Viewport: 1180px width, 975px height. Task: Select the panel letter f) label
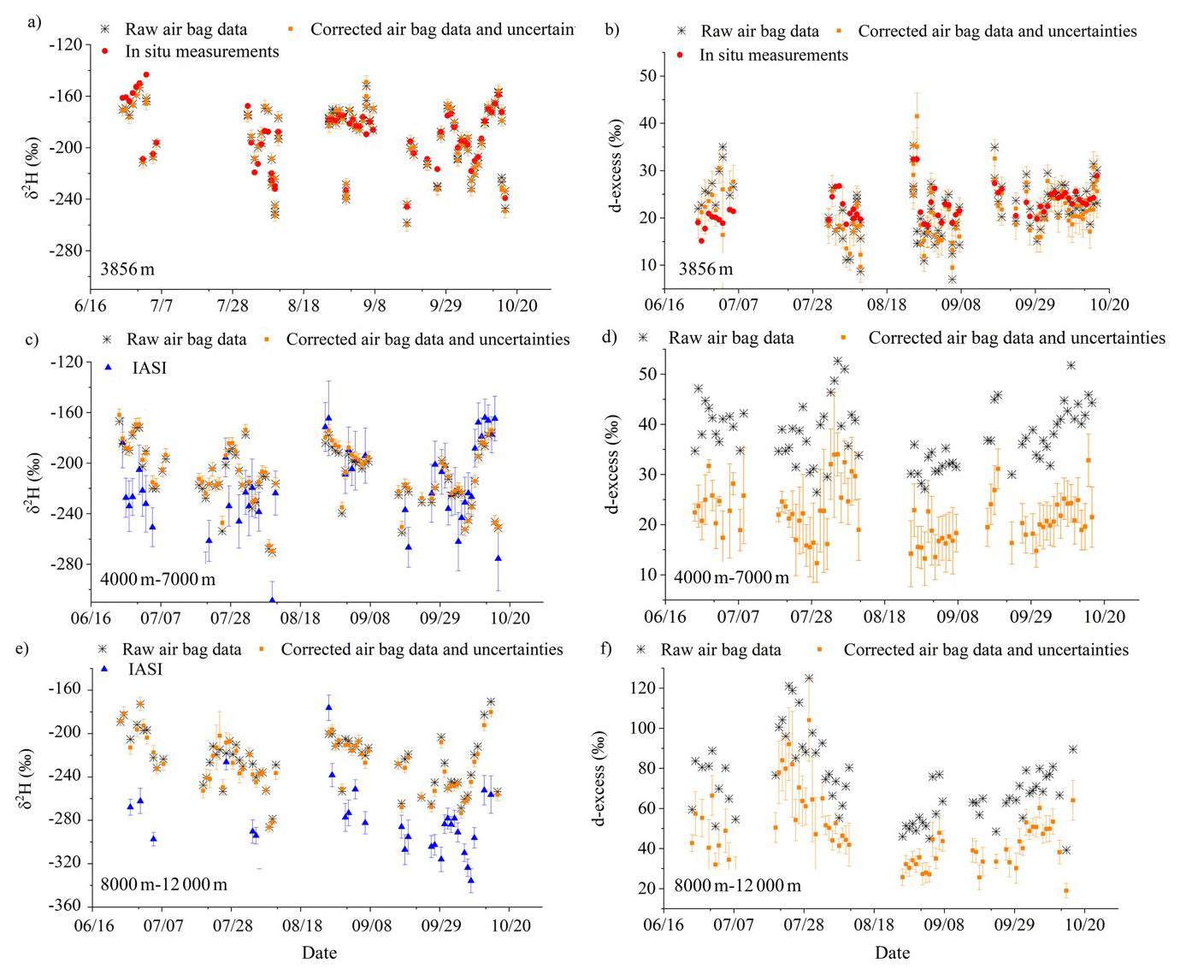(606, 648)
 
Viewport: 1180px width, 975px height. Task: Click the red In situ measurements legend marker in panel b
(681, 55)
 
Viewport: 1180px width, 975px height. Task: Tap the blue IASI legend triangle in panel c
(108, 367)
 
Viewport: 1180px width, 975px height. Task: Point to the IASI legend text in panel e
(145, 669)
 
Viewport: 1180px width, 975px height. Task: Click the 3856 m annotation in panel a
(127, 269)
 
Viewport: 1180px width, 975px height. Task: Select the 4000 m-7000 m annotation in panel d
(731, 577)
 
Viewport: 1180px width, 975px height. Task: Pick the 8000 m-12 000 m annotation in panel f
(737, 885)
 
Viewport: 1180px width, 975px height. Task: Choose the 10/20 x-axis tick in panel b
(1109, 304)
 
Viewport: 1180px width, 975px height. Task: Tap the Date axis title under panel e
(319, 953)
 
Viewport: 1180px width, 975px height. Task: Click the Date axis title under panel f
(892, 953)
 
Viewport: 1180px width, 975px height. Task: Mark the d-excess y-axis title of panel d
(613, 464)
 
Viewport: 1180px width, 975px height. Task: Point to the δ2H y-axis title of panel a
(32, 167)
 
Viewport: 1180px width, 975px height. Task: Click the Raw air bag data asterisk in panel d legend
(643, 339)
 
